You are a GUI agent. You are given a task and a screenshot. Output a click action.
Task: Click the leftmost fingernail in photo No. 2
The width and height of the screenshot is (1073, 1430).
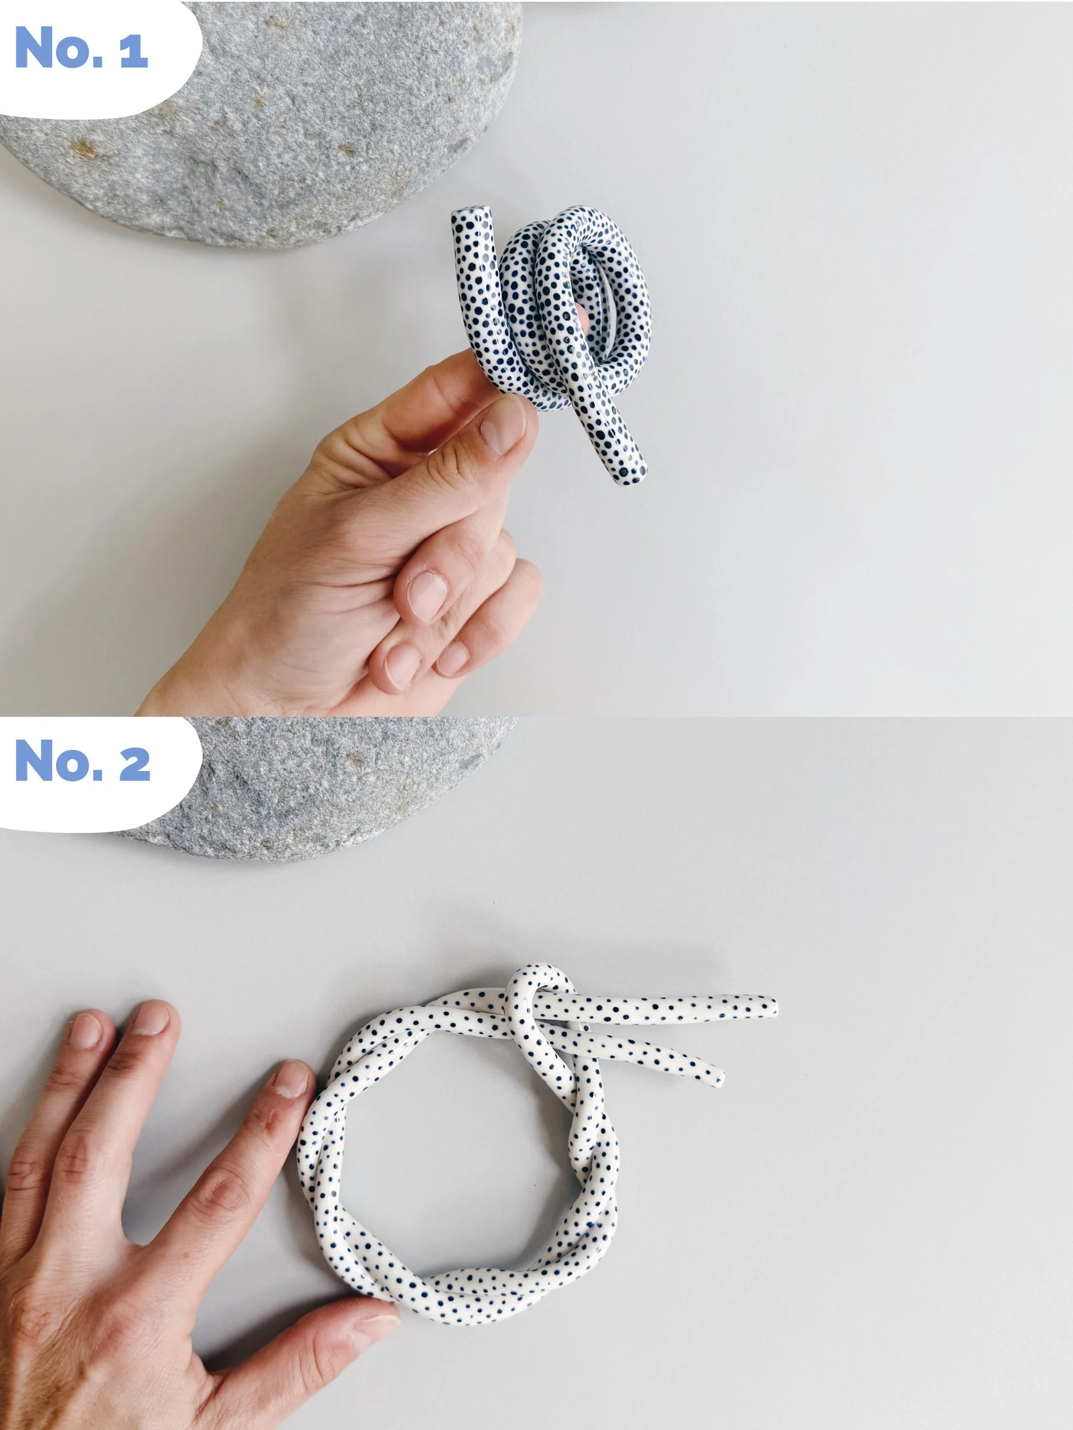coord(85,1031)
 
